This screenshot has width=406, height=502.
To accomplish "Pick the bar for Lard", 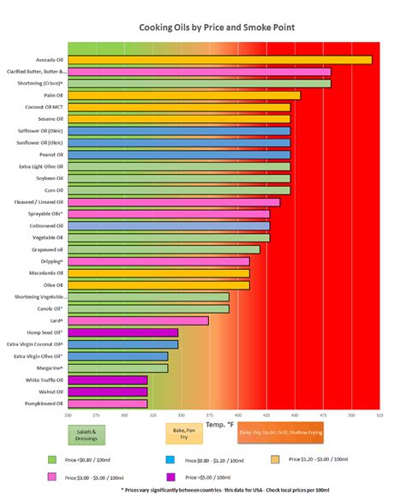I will click(137, 320).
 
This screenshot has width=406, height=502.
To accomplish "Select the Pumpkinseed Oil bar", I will click(107, 403).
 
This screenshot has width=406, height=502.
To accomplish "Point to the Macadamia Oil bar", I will click(158, 273).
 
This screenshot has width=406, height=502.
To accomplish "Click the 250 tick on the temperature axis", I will click(68, 415).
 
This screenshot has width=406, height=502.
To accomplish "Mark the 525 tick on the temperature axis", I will click(379, 415).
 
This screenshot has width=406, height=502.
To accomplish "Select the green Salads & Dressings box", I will click(86, 434).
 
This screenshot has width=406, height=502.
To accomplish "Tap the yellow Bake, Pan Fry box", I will click(178, 434).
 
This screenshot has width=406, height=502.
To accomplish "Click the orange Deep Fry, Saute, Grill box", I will click(281, 433).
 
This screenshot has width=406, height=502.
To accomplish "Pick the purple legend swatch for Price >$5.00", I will click(171, 476).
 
